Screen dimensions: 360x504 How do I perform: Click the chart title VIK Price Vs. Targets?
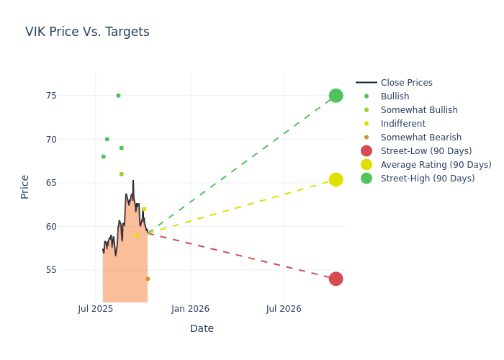[x=87, y=32]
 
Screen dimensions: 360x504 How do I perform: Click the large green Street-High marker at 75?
[x=336, y=96]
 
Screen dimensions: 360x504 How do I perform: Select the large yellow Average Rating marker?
[x=336, y=179]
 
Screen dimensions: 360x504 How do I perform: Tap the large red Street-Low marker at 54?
[x=336, y=279]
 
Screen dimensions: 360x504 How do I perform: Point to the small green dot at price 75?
[x=118, y=96]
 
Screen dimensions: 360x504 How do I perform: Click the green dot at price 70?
[x=107, y=139]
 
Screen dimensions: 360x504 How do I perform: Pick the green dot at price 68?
[x=103, y=156]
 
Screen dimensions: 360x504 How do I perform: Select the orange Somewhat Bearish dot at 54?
[x=148, y=279]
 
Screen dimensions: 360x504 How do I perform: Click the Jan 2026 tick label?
[x=190, y=309]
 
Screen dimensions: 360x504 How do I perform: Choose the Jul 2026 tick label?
[x=284, y=309]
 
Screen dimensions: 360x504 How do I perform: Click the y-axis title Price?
[x=25, y=186]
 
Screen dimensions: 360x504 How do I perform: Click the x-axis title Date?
[x=202, y=328]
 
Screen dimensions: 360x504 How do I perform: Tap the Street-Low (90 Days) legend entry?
[x=426, y=151]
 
